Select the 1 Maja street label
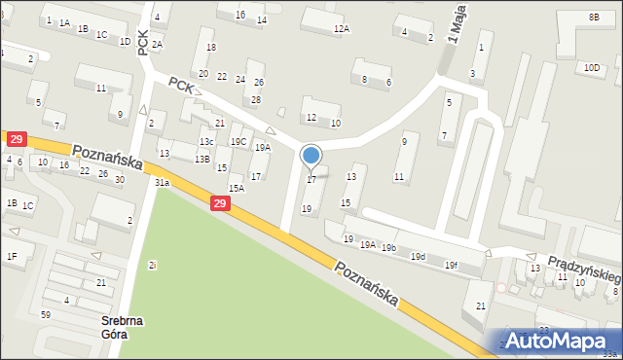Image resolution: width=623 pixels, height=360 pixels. (x=452, y=21)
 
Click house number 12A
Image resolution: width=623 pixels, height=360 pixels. (x=341, y=29)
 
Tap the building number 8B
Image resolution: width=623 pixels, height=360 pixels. (x=594, y=17)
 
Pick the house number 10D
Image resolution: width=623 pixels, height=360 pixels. (x=591, y=67)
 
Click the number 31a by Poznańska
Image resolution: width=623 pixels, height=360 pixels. (x=162, y=182)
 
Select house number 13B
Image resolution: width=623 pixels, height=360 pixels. (x=202, y=159)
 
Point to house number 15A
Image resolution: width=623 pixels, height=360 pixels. (x=236, y=188)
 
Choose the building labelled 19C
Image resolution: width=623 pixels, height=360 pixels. (x=238, y=142)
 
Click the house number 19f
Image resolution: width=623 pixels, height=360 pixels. (x=451, y=265)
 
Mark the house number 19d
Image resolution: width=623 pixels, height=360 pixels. (x=418, y=256)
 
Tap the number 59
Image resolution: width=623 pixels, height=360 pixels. (x=46, y=314)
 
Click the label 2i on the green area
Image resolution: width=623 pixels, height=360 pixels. (x=153, y=265)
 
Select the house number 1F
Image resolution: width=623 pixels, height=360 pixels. (x=12, y=256)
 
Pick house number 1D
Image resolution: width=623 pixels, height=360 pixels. (x=125, y=42)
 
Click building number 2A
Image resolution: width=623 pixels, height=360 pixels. (x=157, y=45)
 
